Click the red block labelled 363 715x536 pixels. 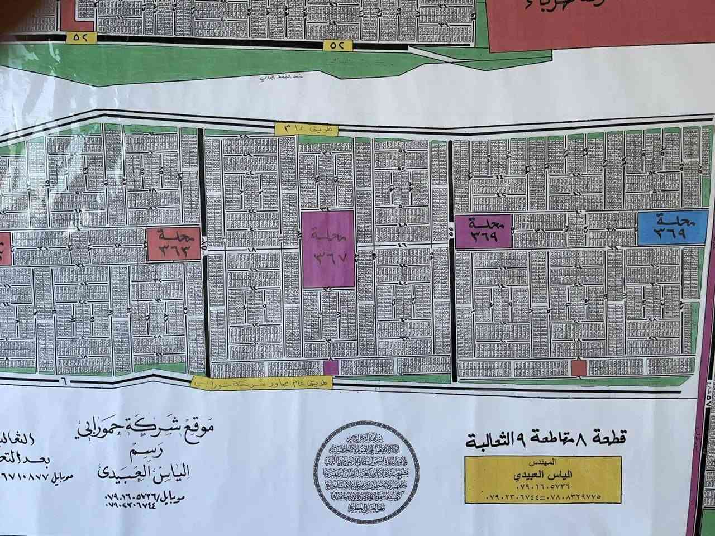(x=174, y=244)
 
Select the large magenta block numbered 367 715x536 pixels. (x=328, y=249)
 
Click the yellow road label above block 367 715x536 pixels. (x=307, y=128)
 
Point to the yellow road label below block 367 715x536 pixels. (x=262, y=382)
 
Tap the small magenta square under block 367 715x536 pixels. (x=331, y=367)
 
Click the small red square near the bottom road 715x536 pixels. (x=579, y=368)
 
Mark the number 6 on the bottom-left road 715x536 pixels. (x=63, y=380)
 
